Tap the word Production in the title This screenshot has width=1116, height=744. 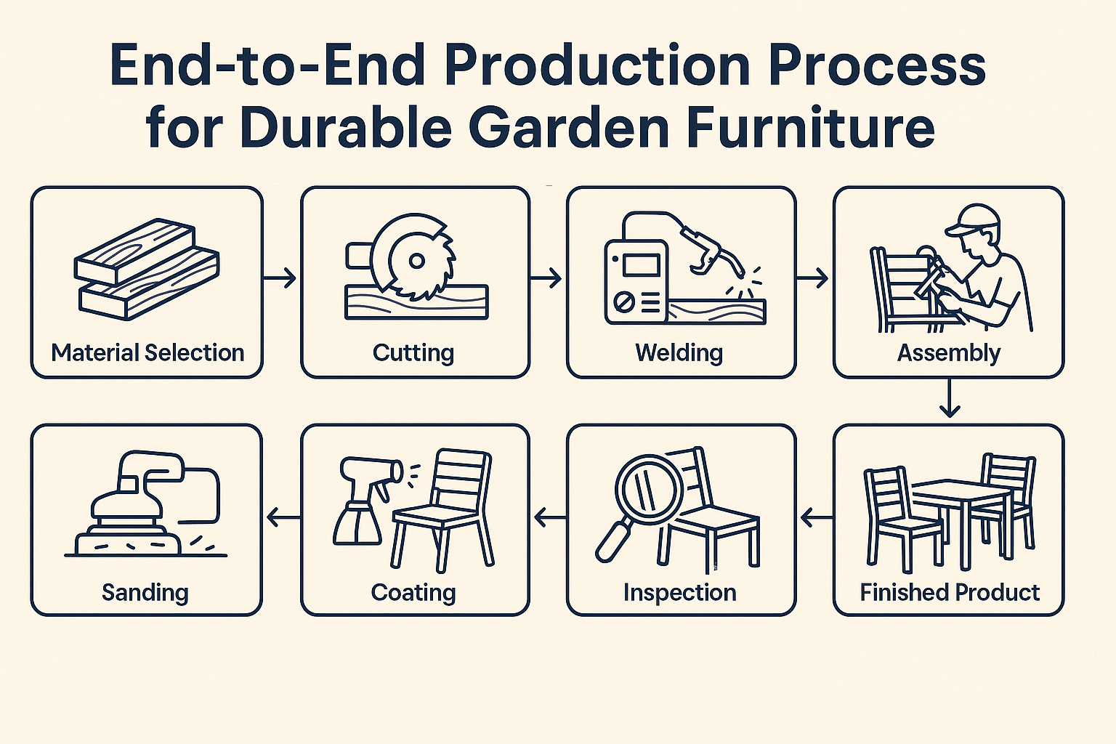coord(597,65)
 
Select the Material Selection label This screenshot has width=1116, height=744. coord(147,353)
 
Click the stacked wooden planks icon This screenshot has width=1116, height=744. coord(147,269)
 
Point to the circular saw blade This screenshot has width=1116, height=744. coord(416,258)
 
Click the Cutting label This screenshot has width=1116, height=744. coord(413,353)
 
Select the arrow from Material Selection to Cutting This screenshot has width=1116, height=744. coord(280,278)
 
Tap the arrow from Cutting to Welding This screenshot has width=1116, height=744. coord(546,278)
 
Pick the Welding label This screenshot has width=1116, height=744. coord(679,353)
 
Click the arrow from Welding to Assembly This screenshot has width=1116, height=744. coord(813,278)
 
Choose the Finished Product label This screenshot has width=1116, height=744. coord(950,593)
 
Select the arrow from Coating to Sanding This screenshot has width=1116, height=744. coord(283,518)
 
